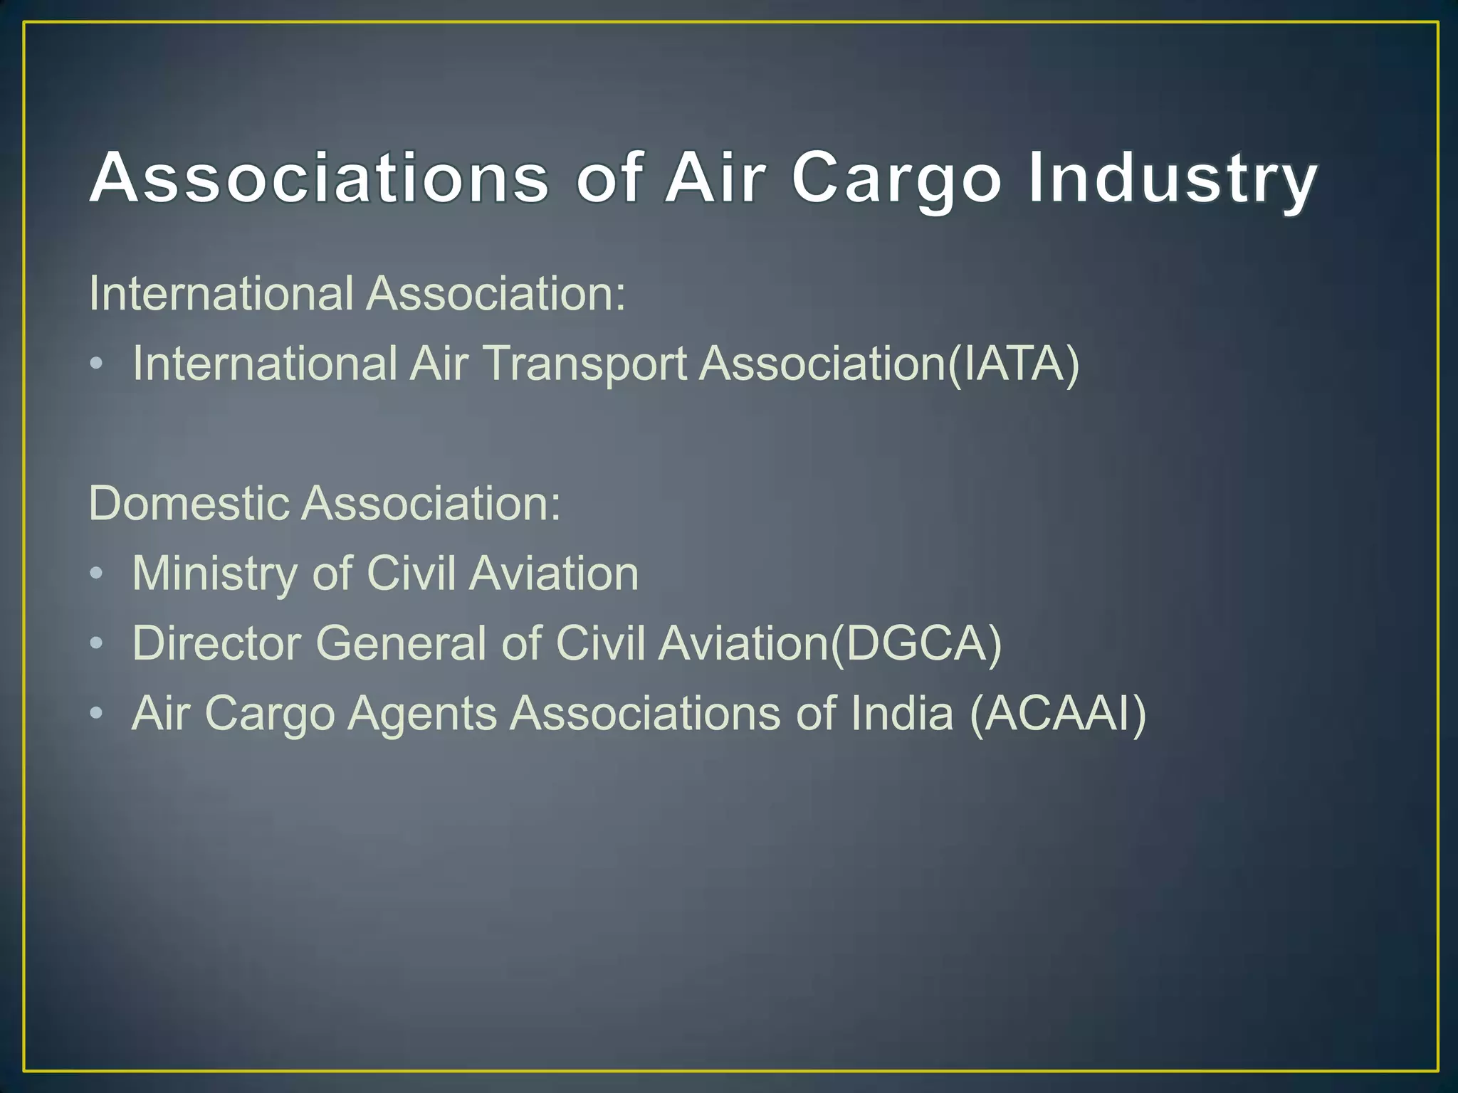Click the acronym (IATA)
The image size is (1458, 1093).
[1014, 364]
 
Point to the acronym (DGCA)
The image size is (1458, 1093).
[917, 643]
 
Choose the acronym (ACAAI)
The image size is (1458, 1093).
[1058, 713]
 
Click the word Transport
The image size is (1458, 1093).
[585, 364]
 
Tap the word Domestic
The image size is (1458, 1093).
[189, 503]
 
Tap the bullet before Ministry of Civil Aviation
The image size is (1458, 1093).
[97, 574]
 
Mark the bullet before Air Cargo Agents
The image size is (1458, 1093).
[97, 714]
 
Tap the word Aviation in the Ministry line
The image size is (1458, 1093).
[554, 574]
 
